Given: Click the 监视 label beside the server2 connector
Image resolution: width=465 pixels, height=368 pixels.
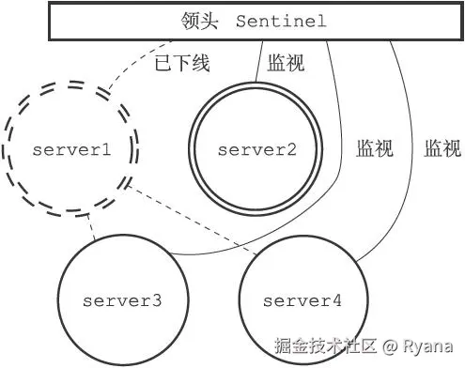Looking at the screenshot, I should [285, 65].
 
